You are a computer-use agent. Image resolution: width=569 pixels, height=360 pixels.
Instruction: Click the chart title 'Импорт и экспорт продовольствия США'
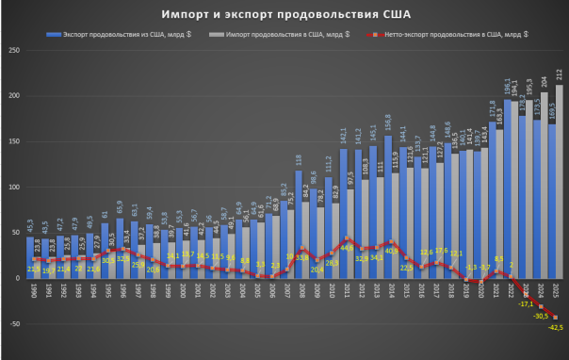[x=284, y=16]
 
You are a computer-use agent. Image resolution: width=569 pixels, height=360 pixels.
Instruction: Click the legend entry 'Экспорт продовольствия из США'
[x=110, y=34]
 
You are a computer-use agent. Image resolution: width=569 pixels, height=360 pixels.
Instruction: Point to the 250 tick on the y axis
[x=15, y=50]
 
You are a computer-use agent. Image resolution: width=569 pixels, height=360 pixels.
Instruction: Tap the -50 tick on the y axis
[x=15, y=324]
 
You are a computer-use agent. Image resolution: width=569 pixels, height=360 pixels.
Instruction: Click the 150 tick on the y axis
[x=15, y=141]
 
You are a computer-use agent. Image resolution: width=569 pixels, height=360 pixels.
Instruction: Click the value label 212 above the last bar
[x=560, y=73]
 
